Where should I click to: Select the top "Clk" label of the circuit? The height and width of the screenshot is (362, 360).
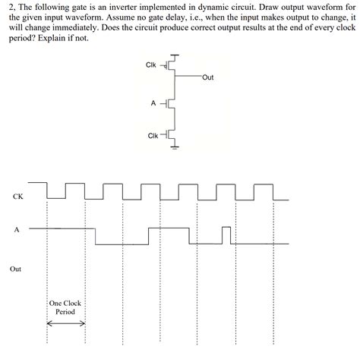click(x=150, y=65)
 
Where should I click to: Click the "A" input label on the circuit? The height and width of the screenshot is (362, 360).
click(x=154, y=101)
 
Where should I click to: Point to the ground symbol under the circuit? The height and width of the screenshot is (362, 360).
click(x=175, y=148)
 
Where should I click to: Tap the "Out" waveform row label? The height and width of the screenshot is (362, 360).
click(x=16, y=269)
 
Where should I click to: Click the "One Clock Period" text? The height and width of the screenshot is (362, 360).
click(x=65, y=307)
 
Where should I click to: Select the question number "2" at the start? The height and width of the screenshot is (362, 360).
click(x=11, y=6)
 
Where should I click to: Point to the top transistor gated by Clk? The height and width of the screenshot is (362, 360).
click(x=172, y=65)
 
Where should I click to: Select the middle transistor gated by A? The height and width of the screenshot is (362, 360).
click(x=172, y=101)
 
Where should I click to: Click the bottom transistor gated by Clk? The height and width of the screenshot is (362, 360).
click(x=172, y=136)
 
